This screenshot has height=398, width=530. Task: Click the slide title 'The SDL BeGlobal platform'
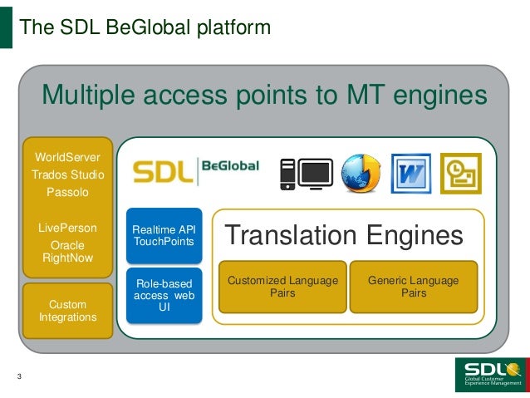(145, 27)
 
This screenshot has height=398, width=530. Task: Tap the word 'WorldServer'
(67, 157)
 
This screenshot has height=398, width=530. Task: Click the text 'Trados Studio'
(67, 174)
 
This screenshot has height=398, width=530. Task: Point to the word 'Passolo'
(67, 192)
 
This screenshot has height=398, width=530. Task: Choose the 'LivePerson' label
(67, 228)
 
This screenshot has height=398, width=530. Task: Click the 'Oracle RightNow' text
(67, 252)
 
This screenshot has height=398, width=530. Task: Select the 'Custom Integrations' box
(67, 311)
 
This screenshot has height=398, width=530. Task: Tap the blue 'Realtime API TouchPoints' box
(164, 235)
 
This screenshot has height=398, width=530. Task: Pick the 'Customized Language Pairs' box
(282, 287)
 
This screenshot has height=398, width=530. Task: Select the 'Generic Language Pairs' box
(413, 287)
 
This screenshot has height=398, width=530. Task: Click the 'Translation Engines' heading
(344, 236)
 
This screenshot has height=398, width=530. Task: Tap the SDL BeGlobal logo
(196, 170)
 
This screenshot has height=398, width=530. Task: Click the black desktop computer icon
(305, 173)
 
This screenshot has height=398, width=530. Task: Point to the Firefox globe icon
(361, 173)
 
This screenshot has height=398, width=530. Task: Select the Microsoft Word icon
(410, 173)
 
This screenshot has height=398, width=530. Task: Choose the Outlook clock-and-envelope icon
(460, 173)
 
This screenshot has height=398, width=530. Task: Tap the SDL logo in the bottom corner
(491, 375)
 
